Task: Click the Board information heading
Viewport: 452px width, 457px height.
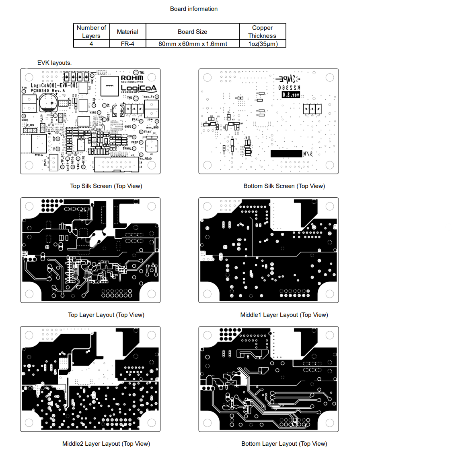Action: [x=193, y=9]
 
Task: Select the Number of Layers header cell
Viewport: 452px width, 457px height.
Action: [x=91, y=31]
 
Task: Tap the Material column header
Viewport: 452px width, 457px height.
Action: [x=127, y=31]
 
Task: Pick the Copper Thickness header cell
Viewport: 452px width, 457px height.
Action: [x=262, y=31]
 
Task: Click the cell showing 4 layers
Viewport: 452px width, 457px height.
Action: [x=91, y=44]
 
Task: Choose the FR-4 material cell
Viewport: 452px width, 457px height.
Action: [x=127, y=44]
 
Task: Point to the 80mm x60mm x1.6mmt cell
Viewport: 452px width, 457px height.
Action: [x=193, y=44]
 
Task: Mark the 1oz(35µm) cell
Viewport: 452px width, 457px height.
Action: [x=263, y=44]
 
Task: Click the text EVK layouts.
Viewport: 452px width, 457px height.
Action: [x=54, y=63]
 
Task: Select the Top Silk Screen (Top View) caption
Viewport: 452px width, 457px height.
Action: [x=106, y=186]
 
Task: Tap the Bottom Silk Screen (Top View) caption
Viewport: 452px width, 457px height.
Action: [x=284, y=186]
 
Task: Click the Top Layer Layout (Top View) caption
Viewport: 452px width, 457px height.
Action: [x=106, y=315]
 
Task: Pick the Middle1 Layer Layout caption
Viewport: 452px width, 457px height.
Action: [x=284, y=315]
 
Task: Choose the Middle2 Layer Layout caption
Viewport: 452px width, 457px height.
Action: [x=106, y=444]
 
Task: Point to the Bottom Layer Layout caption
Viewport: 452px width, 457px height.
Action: [x=284, y=444]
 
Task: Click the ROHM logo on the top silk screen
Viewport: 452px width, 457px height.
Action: [x=132, y=78]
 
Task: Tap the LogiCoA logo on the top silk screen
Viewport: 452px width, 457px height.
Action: [x=138, y=88]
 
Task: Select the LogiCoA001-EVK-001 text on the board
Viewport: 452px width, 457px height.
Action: [x=54, y=85]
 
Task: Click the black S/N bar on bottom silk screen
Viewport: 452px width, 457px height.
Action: [x=286, y=153]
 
